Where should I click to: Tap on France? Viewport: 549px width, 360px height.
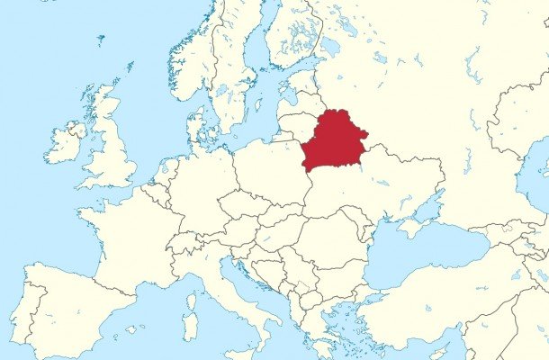point(126,238)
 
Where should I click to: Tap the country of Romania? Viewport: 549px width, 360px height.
point(328,238)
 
